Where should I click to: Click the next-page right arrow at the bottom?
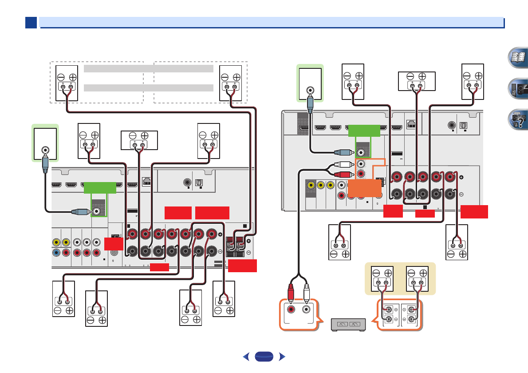pos(280,356)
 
